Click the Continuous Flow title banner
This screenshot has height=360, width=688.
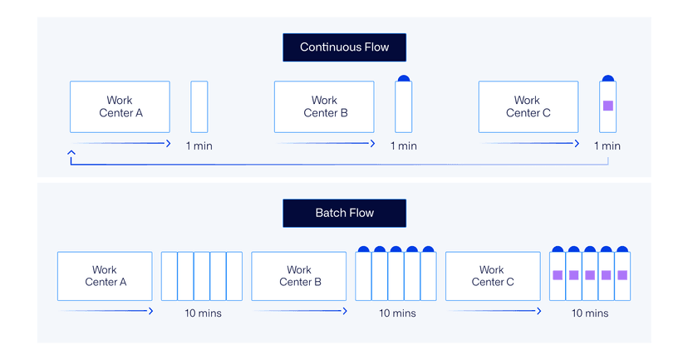(344, 47)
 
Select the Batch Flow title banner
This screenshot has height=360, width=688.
(344, 213)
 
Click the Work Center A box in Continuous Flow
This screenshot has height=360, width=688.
(120, 106)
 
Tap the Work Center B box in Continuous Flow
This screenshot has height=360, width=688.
(324, 106)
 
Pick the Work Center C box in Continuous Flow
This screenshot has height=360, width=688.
(528, 106)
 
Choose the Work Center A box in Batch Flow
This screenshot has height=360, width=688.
(105, 276)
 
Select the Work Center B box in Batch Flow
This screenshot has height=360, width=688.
(298, 276)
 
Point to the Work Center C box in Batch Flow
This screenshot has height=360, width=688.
(493, 276)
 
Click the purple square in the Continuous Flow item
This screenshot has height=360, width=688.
(607, 106)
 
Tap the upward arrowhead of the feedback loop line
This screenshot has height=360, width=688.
(71, 152)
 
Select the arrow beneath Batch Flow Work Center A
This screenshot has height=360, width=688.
(106, 312)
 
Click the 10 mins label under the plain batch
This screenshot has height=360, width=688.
(202, 313)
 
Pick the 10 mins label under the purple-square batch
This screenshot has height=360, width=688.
(590, 313)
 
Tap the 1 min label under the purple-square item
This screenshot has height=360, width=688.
(607, 145)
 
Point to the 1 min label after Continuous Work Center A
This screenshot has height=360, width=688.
(199, 145)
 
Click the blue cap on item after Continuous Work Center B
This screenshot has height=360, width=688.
(403, 78)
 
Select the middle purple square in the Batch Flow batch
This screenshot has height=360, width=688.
(590, 275)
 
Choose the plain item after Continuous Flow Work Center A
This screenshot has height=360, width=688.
(199, 106)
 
